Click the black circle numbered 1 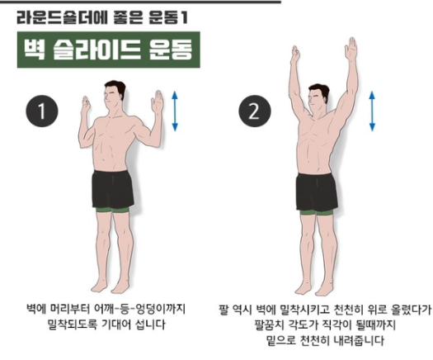coord(42,111)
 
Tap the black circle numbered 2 coord(254,111)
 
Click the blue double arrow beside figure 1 coord(175,111)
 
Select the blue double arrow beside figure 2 coord(372,111)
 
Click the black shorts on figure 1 coord(113,189)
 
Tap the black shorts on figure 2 coord(317,192)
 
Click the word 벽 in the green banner coord(34,50)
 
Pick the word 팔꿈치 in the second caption coord(270,324)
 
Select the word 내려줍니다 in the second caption coord(359,340)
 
